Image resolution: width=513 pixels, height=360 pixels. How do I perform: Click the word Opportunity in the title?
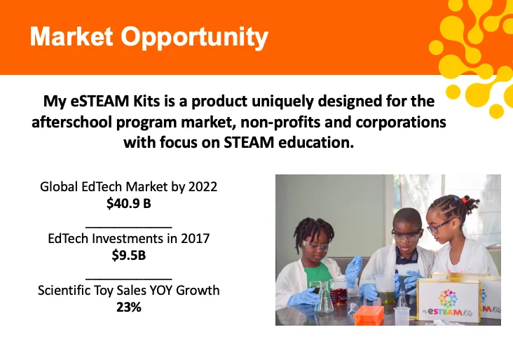tap(195, 38)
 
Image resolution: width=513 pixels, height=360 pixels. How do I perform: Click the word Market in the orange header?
tap(71, 36)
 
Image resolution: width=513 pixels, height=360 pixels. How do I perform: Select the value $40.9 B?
tap(129, 203)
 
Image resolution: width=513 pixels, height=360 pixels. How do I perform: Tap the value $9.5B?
tap(129, 255)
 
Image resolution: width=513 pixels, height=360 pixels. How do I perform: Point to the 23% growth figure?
tap(129, 307)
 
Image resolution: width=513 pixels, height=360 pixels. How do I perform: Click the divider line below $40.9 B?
tap(129, 226)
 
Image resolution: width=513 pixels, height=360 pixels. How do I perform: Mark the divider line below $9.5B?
tap(129, 278)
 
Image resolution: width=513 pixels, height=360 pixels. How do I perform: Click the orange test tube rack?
tap(369, 315)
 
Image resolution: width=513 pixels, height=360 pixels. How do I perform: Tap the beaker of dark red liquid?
tap(338, 293)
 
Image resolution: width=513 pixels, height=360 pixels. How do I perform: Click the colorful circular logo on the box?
tap(449, 298)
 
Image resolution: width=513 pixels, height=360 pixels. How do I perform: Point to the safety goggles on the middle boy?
tap(406, 235)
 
